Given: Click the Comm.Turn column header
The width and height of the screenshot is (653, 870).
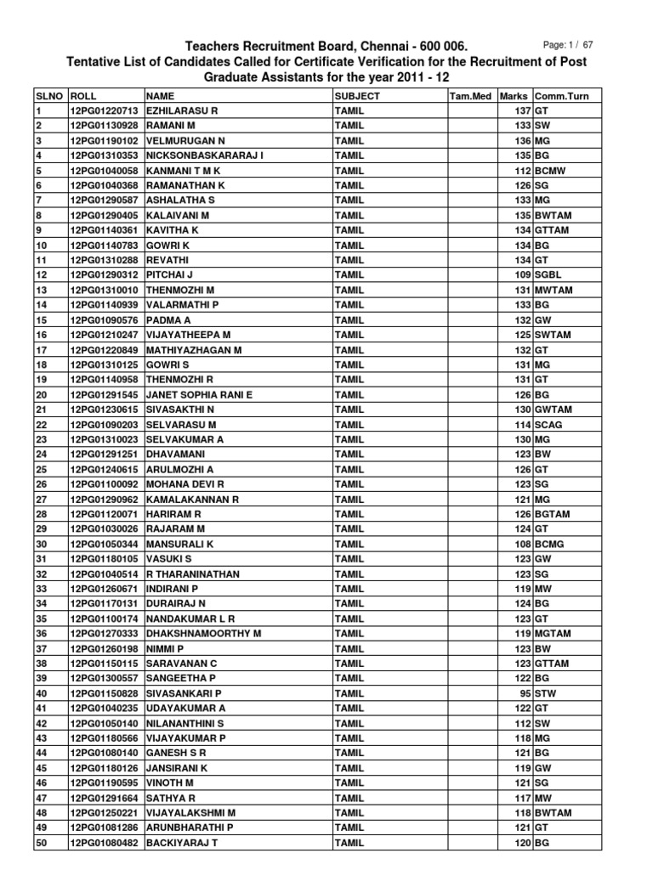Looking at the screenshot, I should coord(562,97).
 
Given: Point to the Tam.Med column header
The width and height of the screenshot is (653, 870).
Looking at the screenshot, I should coord(470,97).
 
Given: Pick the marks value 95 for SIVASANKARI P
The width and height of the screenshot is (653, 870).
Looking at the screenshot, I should coord(525,693).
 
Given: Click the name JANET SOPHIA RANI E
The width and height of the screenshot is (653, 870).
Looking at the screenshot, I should coord(200,395).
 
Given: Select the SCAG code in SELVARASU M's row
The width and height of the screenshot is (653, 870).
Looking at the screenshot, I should coord(549,425).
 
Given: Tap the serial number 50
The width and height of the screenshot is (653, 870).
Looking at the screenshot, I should coord(42,843).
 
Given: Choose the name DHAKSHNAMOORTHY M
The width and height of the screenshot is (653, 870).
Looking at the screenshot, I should coord(204,634).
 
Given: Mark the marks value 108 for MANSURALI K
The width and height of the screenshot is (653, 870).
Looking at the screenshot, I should coord(522,544).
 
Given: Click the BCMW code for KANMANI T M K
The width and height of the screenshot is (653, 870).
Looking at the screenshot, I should coord(551,171).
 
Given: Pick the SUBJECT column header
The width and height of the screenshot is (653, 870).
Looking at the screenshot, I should coord(358,97).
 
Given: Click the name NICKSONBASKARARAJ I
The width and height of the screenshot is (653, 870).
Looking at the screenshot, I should coord(205,156).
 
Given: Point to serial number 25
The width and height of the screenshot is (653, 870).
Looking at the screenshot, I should coord(42,470).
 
